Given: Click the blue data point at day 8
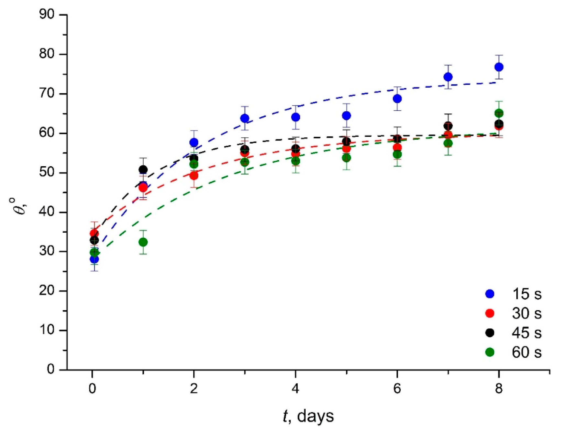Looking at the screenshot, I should [499, 67].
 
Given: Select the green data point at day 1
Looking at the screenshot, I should [143, 242].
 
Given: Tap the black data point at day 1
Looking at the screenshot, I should [143, 169].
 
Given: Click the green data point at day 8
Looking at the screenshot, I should [499, 113].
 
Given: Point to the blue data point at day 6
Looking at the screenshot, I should [397, 99].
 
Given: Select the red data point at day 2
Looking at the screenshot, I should [194, 176].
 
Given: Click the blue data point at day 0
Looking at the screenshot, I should [94, 259].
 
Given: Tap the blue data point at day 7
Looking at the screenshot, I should [448, 77].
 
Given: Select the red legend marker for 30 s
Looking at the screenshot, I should [490, 313].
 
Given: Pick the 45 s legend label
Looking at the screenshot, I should [527, 333].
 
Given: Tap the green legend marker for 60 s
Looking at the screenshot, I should [490, 352].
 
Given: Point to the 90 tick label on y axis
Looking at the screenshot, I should [47, 15].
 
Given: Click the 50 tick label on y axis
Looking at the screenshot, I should [47, 173].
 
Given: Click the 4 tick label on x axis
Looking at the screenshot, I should [295, 389].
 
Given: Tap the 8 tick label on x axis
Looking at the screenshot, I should [499, 389].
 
